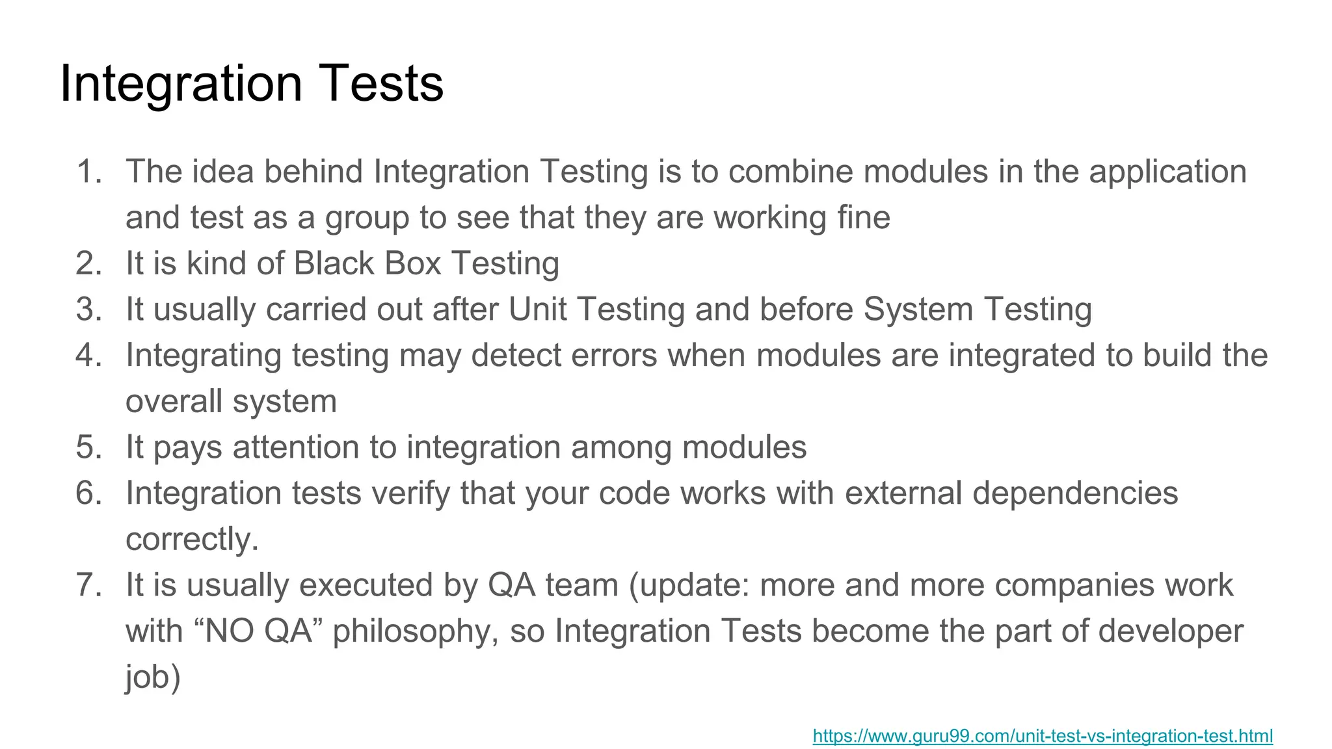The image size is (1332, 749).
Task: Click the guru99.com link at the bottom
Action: pyautogui.click(x=1043, y=736)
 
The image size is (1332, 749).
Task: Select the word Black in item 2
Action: pyautogui.click(x=334, y=263)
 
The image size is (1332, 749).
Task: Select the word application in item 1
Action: pyautogui.click(x=1167, y=172)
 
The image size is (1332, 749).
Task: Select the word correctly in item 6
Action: pyautogui.click(x=192, y=540)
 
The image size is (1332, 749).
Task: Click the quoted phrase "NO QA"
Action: pyautogui.click(x=259, y=631)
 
